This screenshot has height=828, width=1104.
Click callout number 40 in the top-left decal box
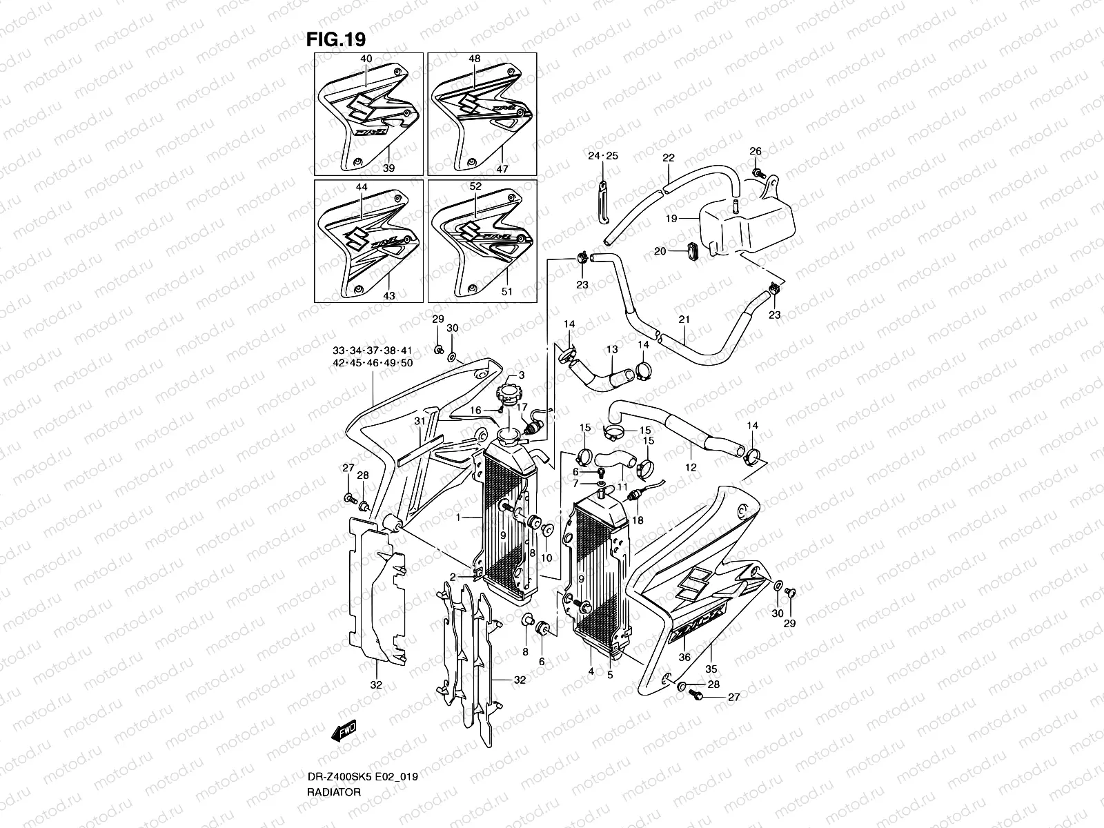tap(366, 59)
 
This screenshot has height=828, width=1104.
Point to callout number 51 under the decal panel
tap(507, 292)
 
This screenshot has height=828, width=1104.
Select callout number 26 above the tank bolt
tap(756, 151)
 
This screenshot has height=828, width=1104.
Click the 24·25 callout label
tap(603, 156)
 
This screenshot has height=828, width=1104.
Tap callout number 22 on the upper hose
tap(668, 158)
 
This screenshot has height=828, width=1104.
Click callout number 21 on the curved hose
tap(684, 319)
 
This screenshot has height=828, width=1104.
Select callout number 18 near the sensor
tap(638, 520)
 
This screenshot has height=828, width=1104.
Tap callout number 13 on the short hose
tap(612, 351)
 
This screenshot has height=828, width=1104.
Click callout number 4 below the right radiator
tap(591, 671)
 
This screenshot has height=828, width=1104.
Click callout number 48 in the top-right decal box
tap(475, 59)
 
